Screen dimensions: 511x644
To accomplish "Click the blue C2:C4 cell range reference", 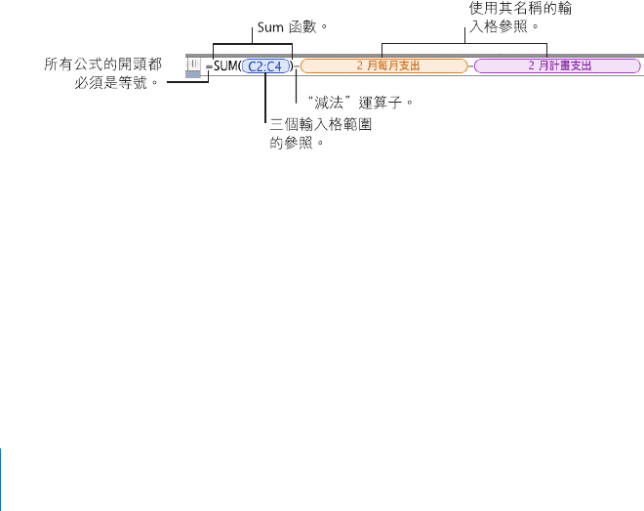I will pos(264,66).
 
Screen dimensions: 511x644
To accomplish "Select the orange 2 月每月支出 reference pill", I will pos(384,66).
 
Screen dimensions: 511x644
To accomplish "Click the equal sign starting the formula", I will pos(209,67).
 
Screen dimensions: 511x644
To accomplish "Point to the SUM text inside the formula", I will pos(225,66).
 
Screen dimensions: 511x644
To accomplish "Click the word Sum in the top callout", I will pos(269,27).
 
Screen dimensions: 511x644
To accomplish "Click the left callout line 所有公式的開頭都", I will pos(103,64).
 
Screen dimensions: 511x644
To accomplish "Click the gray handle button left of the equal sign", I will pos(193,65).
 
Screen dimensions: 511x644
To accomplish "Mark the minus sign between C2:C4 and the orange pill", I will pos(296,66).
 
